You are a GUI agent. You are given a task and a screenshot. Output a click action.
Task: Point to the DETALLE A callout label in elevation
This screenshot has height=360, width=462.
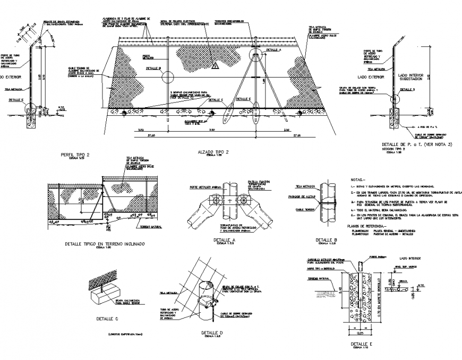(x=272, y=50)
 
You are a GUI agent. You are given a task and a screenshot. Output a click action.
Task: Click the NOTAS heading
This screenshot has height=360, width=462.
(x=359, y=179)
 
